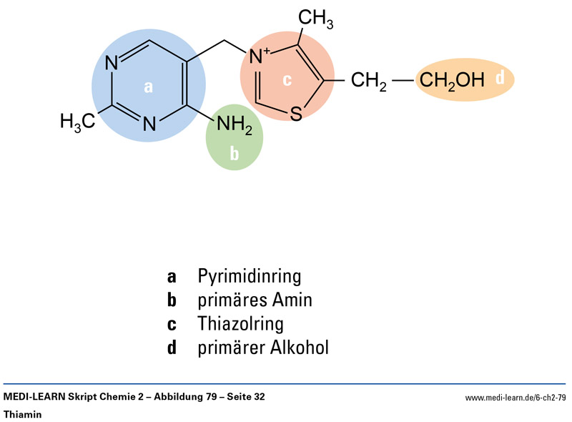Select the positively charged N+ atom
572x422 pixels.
[257, 54]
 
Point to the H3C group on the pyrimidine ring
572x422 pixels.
[77, 122]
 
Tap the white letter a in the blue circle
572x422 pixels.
[149, 87]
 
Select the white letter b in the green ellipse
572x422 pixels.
[234, 152]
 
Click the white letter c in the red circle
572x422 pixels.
[287, 80]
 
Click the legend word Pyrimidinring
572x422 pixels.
[250, 276]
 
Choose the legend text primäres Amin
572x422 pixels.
[255, 300]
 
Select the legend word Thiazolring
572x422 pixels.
[241, 323]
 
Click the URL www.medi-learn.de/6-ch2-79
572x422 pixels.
[516, 398]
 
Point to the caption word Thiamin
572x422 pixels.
[24, 414]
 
